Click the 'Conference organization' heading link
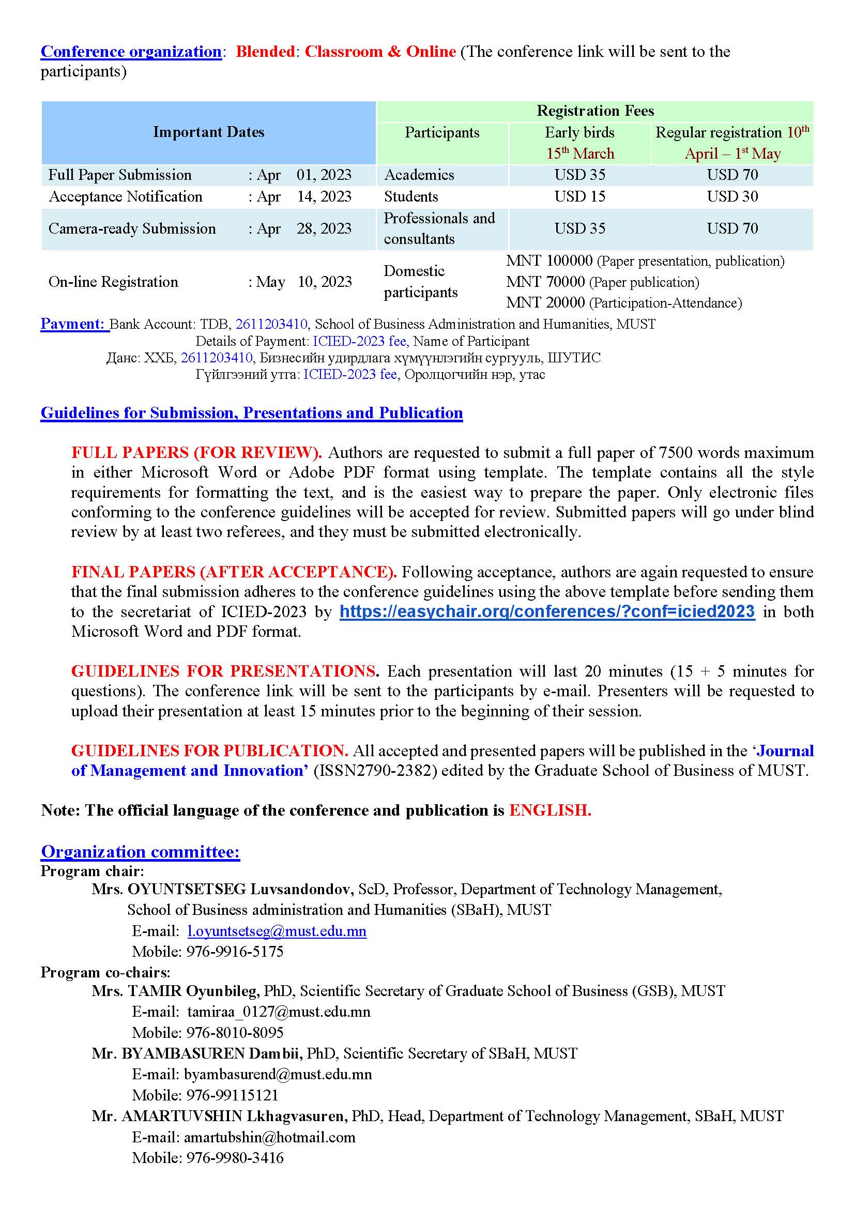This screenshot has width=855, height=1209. tap(131, 52)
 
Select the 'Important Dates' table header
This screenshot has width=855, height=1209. tap(208, 132)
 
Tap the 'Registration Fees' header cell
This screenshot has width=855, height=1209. tap(595, 111)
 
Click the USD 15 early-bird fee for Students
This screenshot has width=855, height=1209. tap(579, 196)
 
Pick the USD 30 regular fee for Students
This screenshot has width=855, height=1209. tap(732, 196)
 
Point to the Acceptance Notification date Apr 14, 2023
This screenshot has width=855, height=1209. tap(304, 196)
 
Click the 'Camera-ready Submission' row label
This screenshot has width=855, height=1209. tap(132, 228)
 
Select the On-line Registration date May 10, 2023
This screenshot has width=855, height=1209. tap(304, 282)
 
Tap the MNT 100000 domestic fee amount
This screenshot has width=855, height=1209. tap(549, 261)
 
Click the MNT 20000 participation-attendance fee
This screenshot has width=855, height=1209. tap(545, 303)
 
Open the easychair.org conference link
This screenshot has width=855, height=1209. tap(547, 611)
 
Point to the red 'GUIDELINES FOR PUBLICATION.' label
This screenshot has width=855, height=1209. tap(209, 751)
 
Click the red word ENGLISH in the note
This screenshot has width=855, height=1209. tap(550, 810)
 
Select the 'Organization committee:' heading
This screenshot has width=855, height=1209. tap(141, 851)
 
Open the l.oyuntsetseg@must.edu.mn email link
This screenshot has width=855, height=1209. tap(277, 931)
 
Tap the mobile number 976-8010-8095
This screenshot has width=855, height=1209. tap(235, 1032)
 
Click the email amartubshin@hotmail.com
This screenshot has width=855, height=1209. tap(269, 1137)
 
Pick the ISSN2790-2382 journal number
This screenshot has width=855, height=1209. tap(375, 770)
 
